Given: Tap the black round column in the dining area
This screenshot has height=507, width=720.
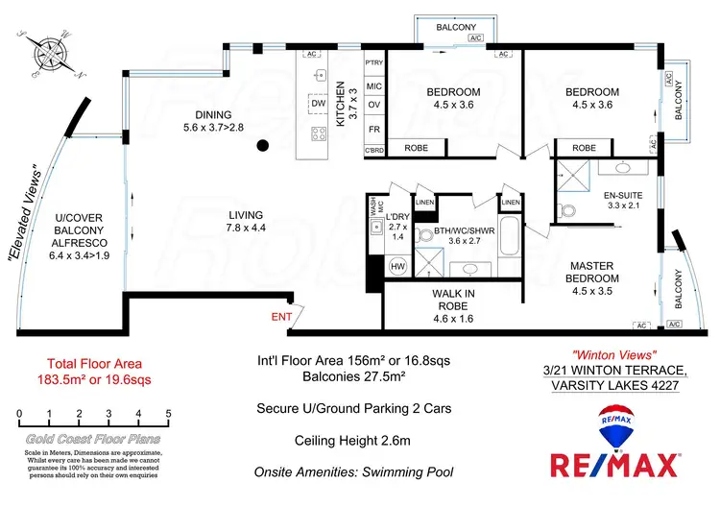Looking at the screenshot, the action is coord(262,146).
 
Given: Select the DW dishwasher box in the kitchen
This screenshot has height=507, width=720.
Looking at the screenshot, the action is coord(319,103).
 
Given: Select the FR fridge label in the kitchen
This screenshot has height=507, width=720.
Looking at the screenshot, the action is coord(374,128).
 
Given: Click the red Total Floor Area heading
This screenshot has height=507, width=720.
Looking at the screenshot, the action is coord(95,364).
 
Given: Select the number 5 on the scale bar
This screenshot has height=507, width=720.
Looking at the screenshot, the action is coord(169,414).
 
